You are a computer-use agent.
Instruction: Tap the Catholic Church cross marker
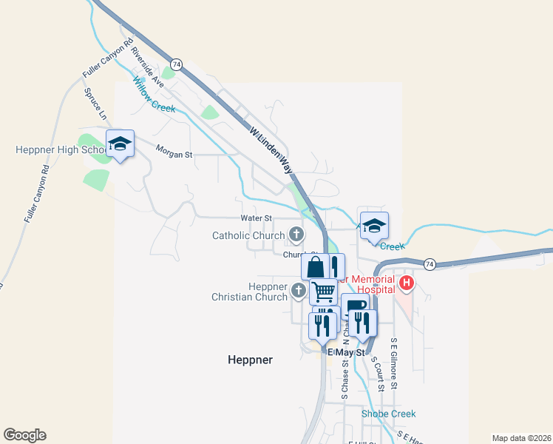296,235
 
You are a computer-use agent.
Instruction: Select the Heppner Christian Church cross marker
298,290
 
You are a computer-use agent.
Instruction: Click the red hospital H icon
406,283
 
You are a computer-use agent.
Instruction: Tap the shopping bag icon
315,266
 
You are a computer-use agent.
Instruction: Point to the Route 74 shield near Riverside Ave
176,64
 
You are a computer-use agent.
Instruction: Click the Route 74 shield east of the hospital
430,263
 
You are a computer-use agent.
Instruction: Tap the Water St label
257,218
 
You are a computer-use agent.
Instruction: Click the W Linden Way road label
271,149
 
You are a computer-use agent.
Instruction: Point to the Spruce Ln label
95,104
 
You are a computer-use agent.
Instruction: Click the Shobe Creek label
388,414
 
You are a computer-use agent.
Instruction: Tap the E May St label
347,353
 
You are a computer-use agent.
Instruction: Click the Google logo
24,435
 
